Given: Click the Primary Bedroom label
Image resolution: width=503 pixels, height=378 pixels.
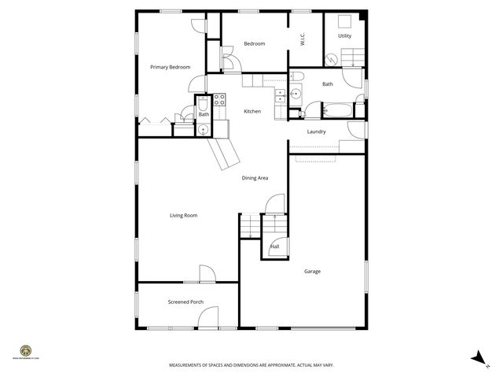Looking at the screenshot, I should (171, 67).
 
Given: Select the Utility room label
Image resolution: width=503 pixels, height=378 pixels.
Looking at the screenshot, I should (344, 36).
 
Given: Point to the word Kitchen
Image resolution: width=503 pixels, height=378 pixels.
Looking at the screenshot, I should (252, 111).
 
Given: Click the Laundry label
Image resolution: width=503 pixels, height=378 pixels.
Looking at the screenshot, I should (317, 132).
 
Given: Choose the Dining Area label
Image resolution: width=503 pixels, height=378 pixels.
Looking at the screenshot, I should (255, 178).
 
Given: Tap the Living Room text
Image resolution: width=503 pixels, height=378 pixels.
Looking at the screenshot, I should (183, 215).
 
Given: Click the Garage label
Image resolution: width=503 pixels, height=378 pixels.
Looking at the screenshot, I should (312, 272).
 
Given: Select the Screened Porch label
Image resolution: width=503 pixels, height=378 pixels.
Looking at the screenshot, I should (185, 302).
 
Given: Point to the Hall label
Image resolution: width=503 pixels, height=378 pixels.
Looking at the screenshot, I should (274, 246).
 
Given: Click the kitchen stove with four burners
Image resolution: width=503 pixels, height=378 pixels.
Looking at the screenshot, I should (220, 100).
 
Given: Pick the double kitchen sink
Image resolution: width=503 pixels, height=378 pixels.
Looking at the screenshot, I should (281, 95).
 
